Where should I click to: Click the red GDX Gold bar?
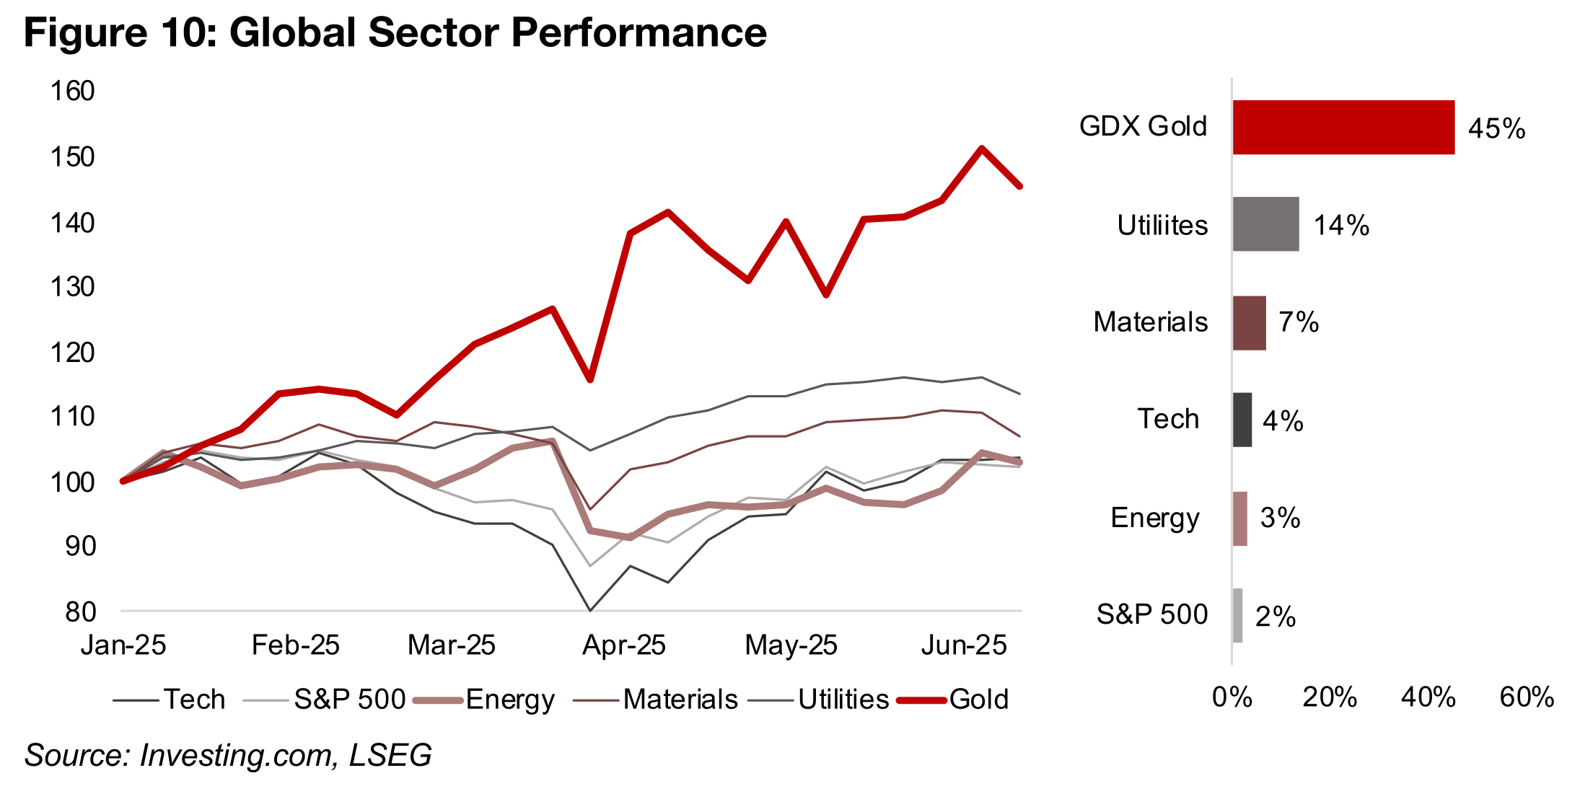pos(1343,127)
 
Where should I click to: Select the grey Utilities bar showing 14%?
pos(1265,224)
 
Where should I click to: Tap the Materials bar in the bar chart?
pos(1249,323)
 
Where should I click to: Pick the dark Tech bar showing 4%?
pos(1242,420)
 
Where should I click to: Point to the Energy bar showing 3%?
pos(1239,518)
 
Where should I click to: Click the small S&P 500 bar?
pos(1237,615)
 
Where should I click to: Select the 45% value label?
pos(1496,129)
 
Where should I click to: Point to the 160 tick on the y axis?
pos(72,92)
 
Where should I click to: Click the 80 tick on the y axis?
pos(80,611)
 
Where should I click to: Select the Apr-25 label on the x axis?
pos(623,645)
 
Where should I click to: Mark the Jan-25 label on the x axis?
pos(123,645)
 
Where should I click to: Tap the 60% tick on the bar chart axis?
pos(1526,697)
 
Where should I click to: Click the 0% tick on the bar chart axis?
pos(1232,697)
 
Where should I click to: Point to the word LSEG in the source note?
pos(390,755)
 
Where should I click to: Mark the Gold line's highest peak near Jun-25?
pos(982,149)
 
